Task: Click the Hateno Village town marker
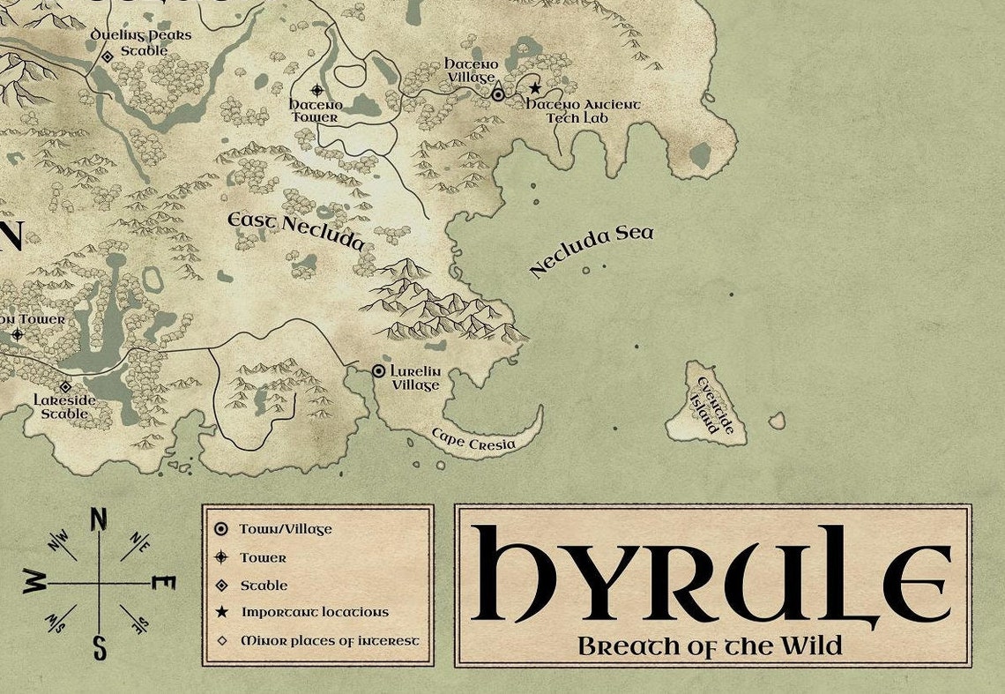click(x=498, y=94)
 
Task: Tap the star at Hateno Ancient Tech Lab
click(x=534, y=88)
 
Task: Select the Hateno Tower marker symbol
click(x=317, y=90)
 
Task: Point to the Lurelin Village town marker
click(x=379, y=371)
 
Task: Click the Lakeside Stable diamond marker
click(x=65, y=386)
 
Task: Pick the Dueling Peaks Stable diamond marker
click(x=108, y=56)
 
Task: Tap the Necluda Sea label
click(x=592, y=251)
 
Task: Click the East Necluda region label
click(x=295, y=230)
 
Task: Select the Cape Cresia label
click(x=473, y=439)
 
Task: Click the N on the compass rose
click(x=99, y=519)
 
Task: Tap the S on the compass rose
click(x=100, y=648)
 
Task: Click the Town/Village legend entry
click(x=285, y=529)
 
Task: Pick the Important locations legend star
click(x=220, y=612)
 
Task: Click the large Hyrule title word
click(x=711, y=573)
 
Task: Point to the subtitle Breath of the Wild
click(x=710, y=645)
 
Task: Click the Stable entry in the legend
click(x=264, y=585)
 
